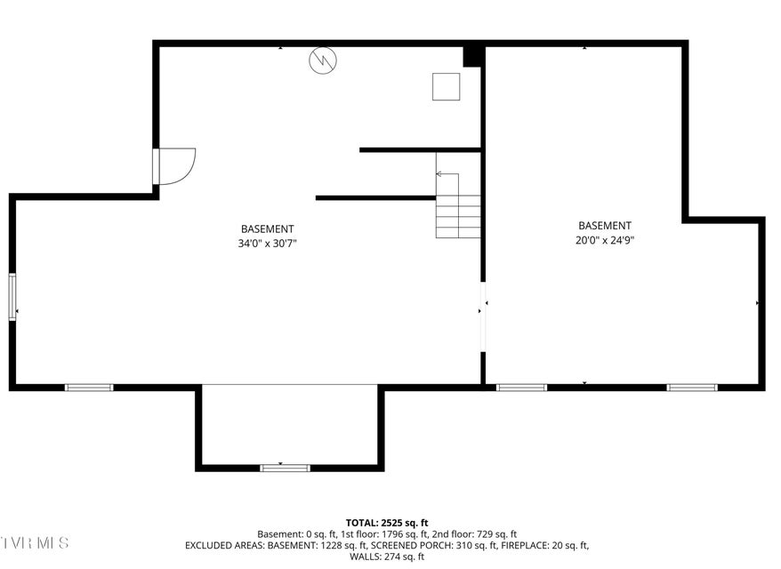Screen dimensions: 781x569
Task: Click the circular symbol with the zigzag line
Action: pos(323,60)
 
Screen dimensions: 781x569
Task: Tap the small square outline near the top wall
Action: pos(446,86)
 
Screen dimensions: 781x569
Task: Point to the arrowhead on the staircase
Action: pos(439,173)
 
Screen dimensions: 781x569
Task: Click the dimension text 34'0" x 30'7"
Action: pos(268,244)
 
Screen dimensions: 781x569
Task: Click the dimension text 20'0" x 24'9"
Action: pos(605,240)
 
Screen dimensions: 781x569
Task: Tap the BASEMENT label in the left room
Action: pos(268,229)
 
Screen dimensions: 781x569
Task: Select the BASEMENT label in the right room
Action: pos(605,226)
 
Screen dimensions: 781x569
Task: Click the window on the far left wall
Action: pos(12,297)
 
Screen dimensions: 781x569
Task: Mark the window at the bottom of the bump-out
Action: pos(286,468)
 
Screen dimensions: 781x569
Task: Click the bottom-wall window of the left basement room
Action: pos(89,388)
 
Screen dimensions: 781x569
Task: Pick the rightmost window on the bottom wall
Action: pos(692,388)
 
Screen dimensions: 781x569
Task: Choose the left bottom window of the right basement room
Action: pos(521,388)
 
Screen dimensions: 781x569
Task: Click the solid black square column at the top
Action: pos(472,56)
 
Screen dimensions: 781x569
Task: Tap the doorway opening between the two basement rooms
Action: pos(483,317)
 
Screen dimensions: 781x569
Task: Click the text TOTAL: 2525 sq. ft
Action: pos(387,523)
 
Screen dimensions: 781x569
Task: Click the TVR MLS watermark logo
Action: pos(35,542)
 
